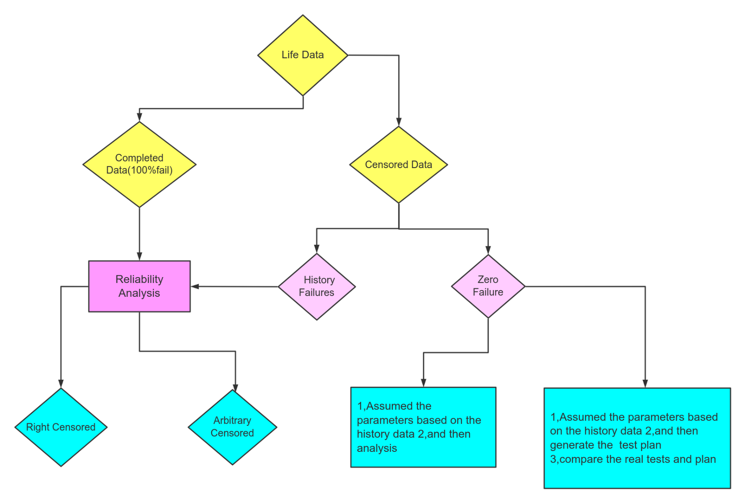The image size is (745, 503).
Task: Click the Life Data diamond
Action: pos(303,55)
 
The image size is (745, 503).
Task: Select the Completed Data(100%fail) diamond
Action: pos(139,164)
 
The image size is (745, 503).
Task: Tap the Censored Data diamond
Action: pos(398,165)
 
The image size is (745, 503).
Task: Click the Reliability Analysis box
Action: pos(139,286)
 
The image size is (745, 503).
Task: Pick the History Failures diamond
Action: pos(317,286)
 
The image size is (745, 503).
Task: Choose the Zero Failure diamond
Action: pos(488,286)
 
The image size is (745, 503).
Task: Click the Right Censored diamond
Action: pos(61,427)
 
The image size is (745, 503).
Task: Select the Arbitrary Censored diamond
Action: pos(232,427)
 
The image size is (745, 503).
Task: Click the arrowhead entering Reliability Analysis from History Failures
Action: pos(195,286)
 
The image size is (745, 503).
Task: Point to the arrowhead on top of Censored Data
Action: pos(399,122)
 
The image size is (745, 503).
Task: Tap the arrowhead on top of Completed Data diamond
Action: pos(139,117)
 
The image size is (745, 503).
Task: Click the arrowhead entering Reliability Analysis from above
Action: pos(139,256)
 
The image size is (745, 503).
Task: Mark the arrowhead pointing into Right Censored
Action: pos(61,384)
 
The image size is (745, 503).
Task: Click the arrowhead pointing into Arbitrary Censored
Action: pos(235,387)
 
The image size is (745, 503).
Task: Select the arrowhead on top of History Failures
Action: pos(317,249)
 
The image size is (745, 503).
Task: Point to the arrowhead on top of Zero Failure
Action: pos(488,250)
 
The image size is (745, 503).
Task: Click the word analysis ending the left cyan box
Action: pos(377,448)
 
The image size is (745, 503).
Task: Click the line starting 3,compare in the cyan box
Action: pos(633,459)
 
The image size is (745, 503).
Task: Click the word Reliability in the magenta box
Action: pos(139,279)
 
